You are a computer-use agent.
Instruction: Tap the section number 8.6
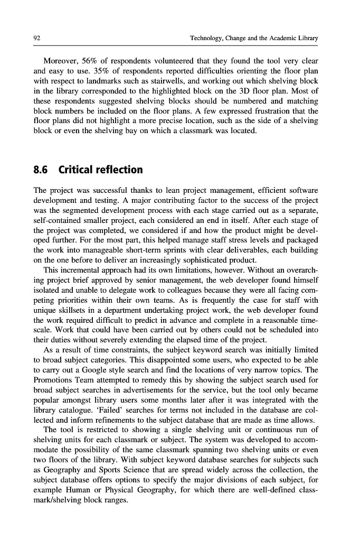(x=42, y=170)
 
